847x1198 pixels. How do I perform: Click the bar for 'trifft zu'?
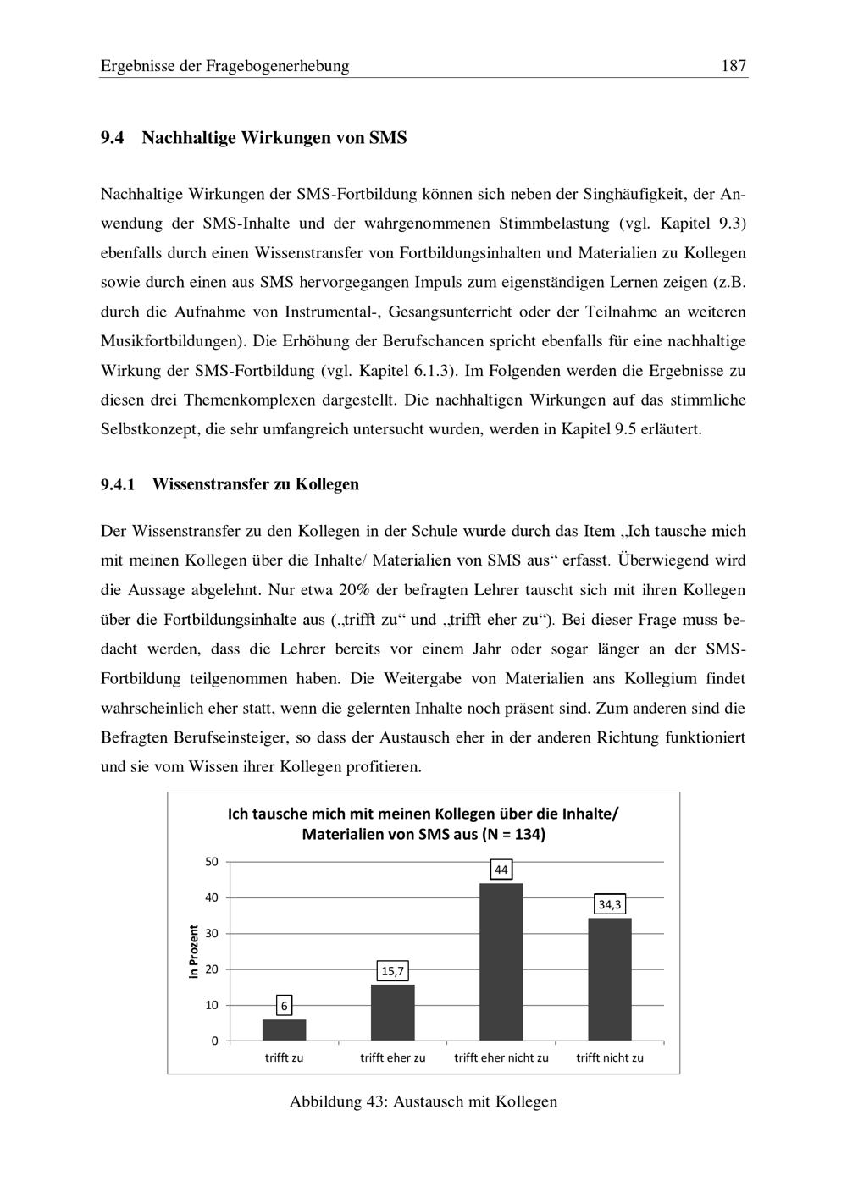(285, 1030)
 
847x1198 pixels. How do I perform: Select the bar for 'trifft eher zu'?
(393, 1013)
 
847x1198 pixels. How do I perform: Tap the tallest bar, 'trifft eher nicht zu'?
(501, 962)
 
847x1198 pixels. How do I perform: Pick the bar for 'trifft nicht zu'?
(610, 979)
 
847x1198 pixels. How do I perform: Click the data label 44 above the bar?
(501, 870)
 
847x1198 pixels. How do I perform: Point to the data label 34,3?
(610, 904)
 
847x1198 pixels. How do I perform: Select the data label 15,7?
(393, 971)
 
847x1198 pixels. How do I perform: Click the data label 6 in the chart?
(285, 1006)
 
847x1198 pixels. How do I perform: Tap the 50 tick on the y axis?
(211, 862)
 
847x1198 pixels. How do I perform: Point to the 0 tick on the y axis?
(214, 1041)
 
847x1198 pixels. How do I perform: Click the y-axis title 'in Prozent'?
(193, 952)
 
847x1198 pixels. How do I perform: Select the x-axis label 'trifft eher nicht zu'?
(501, 1057)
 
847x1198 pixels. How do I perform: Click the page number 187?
(734, 66)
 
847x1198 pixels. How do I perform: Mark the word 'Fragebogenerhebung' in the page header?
(277, 66)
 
